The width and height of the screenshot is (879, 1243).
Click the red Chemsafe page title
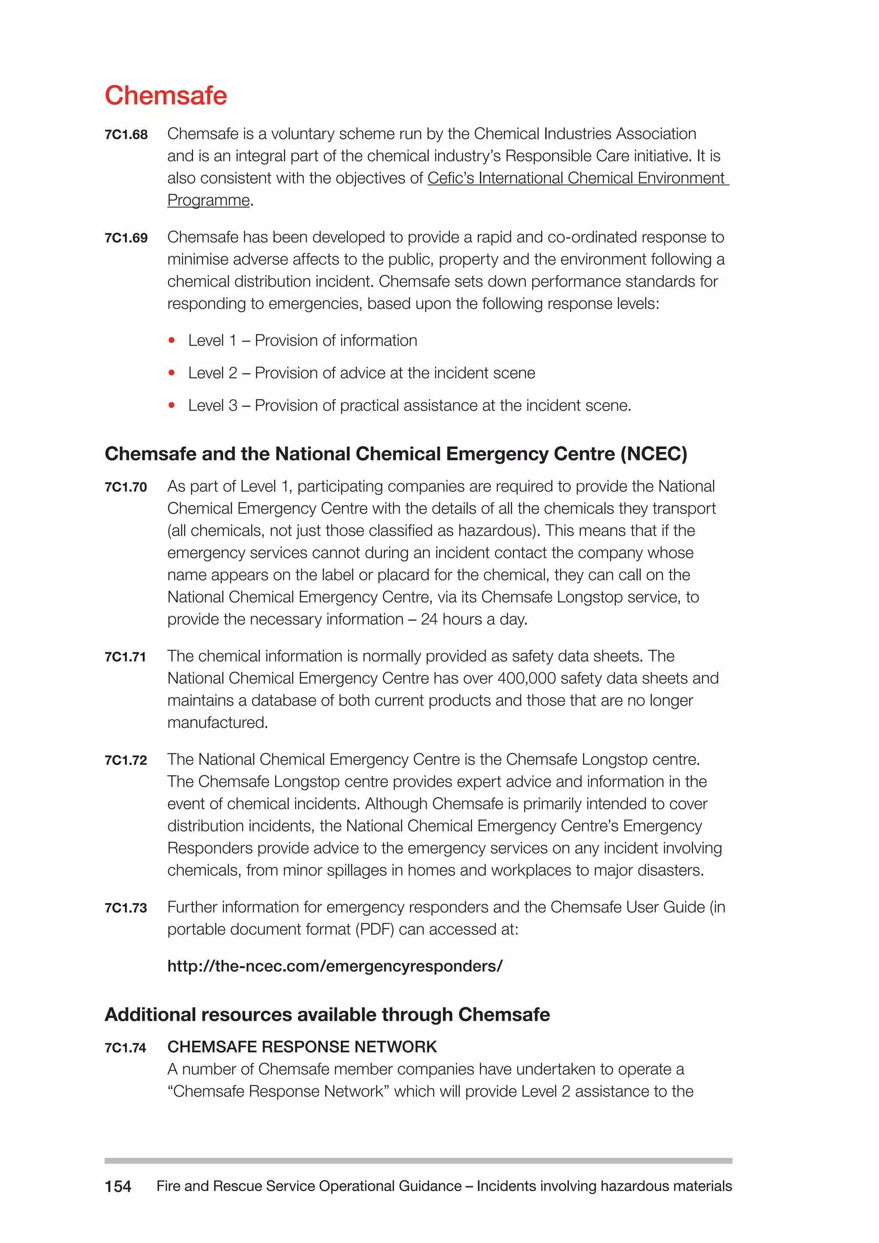pos(166,95)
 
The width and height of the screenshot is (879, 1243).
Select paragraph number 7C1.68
pos(126,135)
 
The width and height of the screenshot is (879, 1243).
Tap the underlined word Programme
pos(209,200)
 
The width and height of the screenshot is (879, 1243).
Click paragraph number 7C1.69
pos(126,238)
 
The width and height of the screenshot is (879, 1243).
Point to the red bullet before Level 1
pos(172,340)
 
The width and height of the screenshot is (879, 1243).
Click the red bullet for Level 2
pos(172,373)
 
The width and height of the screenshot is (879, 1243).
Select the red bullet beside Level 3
pos(172,406)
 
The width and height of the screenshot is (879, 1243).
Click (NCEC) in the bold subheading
pos(653,454)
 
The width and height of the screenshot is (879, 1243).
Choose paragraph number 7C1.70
pos(126,487)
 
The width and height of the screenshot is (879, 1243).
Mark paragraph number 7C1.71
pos(126,657)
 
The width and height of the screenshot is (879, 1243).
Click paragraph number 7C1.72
pos(126,761)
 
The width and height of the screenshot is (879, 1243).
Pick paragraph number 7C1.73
pos(126,909)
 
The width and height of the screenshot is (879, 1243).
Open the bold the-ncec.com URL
pos(334,966)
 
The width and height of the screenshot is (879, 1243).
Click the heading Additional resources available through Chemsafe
pos(327,1015)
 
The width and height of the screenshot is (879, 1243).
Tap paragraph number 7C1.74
pos(126,1048)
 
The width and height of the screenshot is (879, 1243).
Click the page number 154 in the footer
pos(118,1187)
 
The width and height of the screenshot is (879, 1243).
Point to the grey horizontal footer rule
pos(418,1161)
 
